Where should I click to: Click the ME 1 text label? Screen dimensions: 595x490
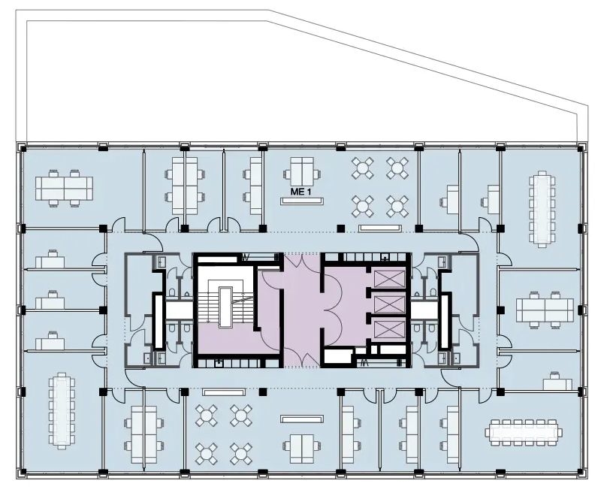tap(301, 192)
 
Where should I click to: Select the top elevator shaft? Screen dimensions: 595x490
tap(390, 280)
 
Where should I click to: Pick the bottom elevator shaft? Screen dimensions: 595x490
tap(390, 329)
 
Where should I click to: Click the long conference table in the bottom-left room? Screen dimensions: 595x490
tap(62, 411)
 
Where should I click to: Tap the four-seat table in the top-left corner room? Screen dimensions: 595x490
tap(65, 188)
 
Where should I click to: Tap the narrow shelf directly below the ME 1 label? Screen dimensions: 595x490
tap(302, 201)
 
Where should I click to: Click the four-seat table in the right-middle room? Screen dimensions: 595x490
tap(545, 310)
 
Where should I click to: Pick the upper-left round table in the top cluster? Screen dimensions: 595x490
tap(363, 168)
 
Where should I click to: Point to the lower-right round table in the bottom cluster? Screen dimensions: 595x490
tap(240, 454)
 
